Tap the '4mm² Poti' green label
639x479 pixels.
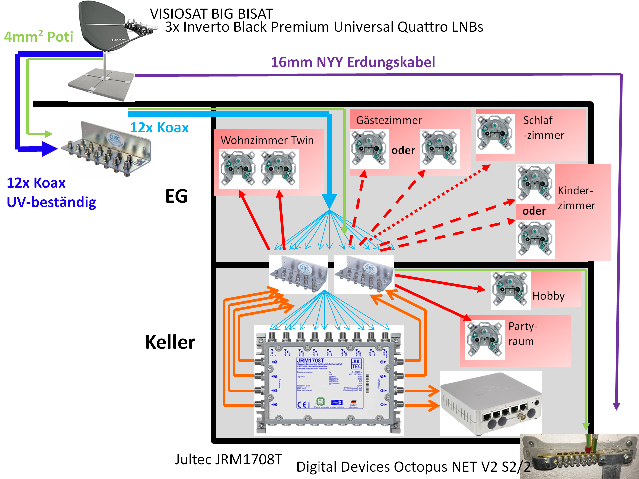(39, 37)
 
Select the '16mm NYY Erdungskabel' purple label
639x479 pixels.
(353, 62)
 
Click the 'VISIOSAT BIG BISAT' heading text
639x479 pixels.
(211, 14)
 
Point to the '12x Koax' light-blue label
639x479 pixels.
(159, 128)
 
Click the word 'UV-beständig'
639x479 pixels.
(51, 202)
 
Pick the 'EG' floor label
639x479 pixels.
(176, 196)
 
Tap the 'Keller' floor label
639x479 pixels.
(170, 342)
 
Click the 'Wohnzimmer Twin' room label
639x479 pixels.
(267, 140)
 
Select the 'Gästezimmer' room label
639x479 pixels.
(389, 120)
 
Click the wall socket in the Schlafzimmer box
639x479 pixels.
(495, 134)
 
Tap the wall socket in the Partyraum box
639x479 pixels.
(485, 340)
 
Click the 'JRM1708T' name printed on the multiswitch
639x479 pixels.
(310, 361)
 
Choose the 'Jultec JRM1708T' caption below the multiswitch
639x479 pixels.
(228, 460)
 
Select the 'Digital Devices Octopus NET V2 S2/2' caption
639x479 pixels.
(413, 467)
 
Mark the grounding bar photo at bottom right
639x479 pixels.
(579, 457)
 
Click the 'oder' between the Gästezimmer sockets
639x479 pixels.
(403, 150)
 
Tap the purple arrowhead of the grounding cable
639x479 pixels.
(616, 406)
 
